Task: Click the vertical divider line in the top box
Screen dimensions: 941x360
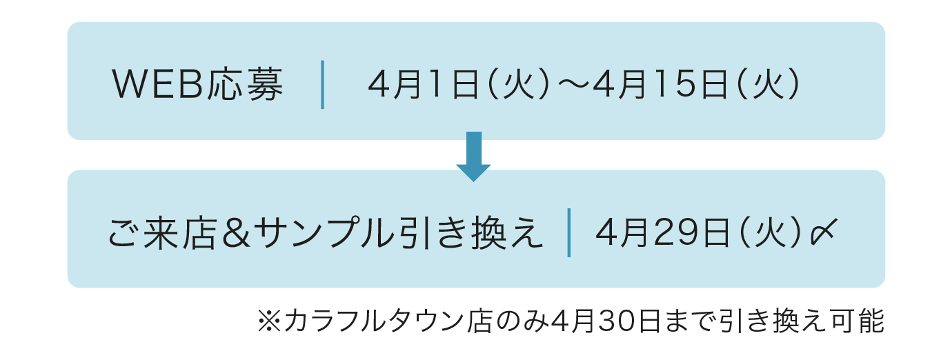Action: [322, 84]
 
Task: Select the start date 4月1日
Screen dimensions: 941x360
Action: [424, 84]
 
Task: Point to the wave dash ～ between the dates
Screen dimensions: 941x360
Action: [574, 84]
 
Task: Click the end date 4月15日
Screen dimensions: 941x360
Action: [660, 84]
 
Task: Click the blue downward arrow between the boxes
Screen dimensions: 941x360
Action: [473, 157]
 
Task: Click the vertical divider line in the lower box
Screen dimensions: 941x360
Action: [568, 232]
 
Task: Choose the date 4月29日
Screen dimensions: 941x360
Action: [662, 232]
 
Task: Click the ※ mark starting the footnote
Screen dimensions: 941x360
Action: [269, 321]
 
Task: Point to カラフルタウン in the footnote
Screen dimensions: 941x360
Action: [373, 321]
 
